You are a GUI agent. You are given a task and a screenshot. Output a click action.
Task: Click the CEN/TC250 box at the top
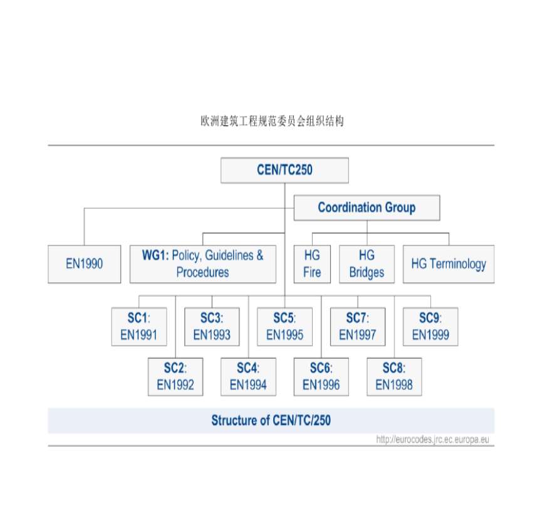[284, 170]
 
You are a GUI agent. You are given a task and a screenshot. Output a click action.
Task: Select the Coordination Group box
[366, 208]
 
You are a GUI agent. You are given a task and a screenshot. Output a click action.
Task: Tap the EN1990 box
[84, 264]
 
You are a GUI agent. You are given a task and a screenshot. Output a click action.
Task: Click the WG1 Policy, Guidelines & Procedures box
[202, 264]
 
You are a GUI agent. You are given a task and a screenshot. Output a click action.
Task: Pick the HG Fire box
[311, 264]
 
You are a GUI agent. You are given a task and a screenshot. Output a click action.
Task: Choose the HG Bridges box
[366, 264]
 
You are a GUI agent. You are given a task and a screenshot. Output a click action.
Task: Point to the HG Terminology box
[448, 264]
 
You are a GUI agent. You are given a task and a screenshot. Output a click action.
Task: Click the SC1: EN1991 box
[138, 326]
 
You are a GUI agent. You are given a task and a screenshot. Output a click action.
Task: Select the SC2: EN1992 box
[175, 376]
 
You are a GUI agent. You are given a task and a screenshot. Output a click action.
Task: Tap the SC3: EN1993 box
[212, 326]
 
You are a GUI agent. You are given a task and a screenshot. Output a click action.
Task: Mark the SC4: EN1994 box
[248, 376]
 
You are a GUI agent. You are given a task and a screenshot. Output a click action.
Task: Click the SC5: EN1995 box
[284, 326]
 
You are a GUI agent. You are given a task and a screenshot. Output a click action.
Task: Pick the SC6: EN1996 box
[321, 376]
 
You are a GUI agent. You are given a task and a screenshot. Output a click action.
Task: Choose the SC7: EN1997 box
[357, 326]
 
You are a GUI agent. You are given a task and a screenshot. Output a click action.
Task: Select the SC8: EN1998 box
[394, 376]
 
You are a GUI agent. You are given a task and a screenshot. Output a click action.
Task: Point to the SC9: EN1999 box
[430, 326]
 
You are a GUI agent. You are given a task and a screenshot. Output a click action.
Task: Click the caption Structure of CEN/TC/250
[271, 421]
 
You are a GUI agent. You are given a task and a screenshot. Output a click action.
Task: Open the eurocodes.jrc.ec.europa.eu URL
[432, 440]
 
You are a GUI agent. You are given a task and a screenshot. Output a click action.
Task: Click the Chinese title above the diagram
[272, 122]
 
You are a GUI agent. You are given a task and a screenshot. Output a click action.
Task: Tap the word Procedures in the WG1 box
[202, 273]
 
